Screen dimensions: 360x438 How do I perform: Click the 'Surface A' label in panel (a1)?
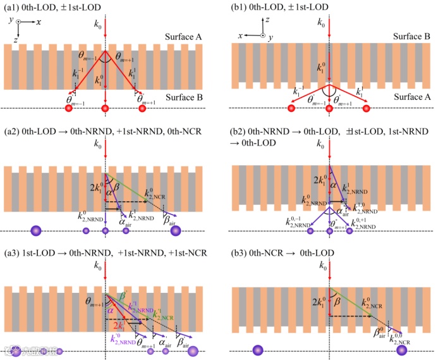pos(183,37)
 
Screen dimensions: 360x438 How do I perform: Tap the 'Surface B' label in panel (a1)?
pos(183,97)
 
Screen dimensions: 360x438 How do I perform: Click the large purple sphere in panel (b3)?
pos(258,350)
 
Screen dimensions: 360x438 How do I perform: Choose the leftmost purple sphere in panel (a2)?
pos(35,231)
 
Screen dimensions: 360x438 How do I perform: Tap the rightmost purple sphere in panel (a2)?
pos(176,231)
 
